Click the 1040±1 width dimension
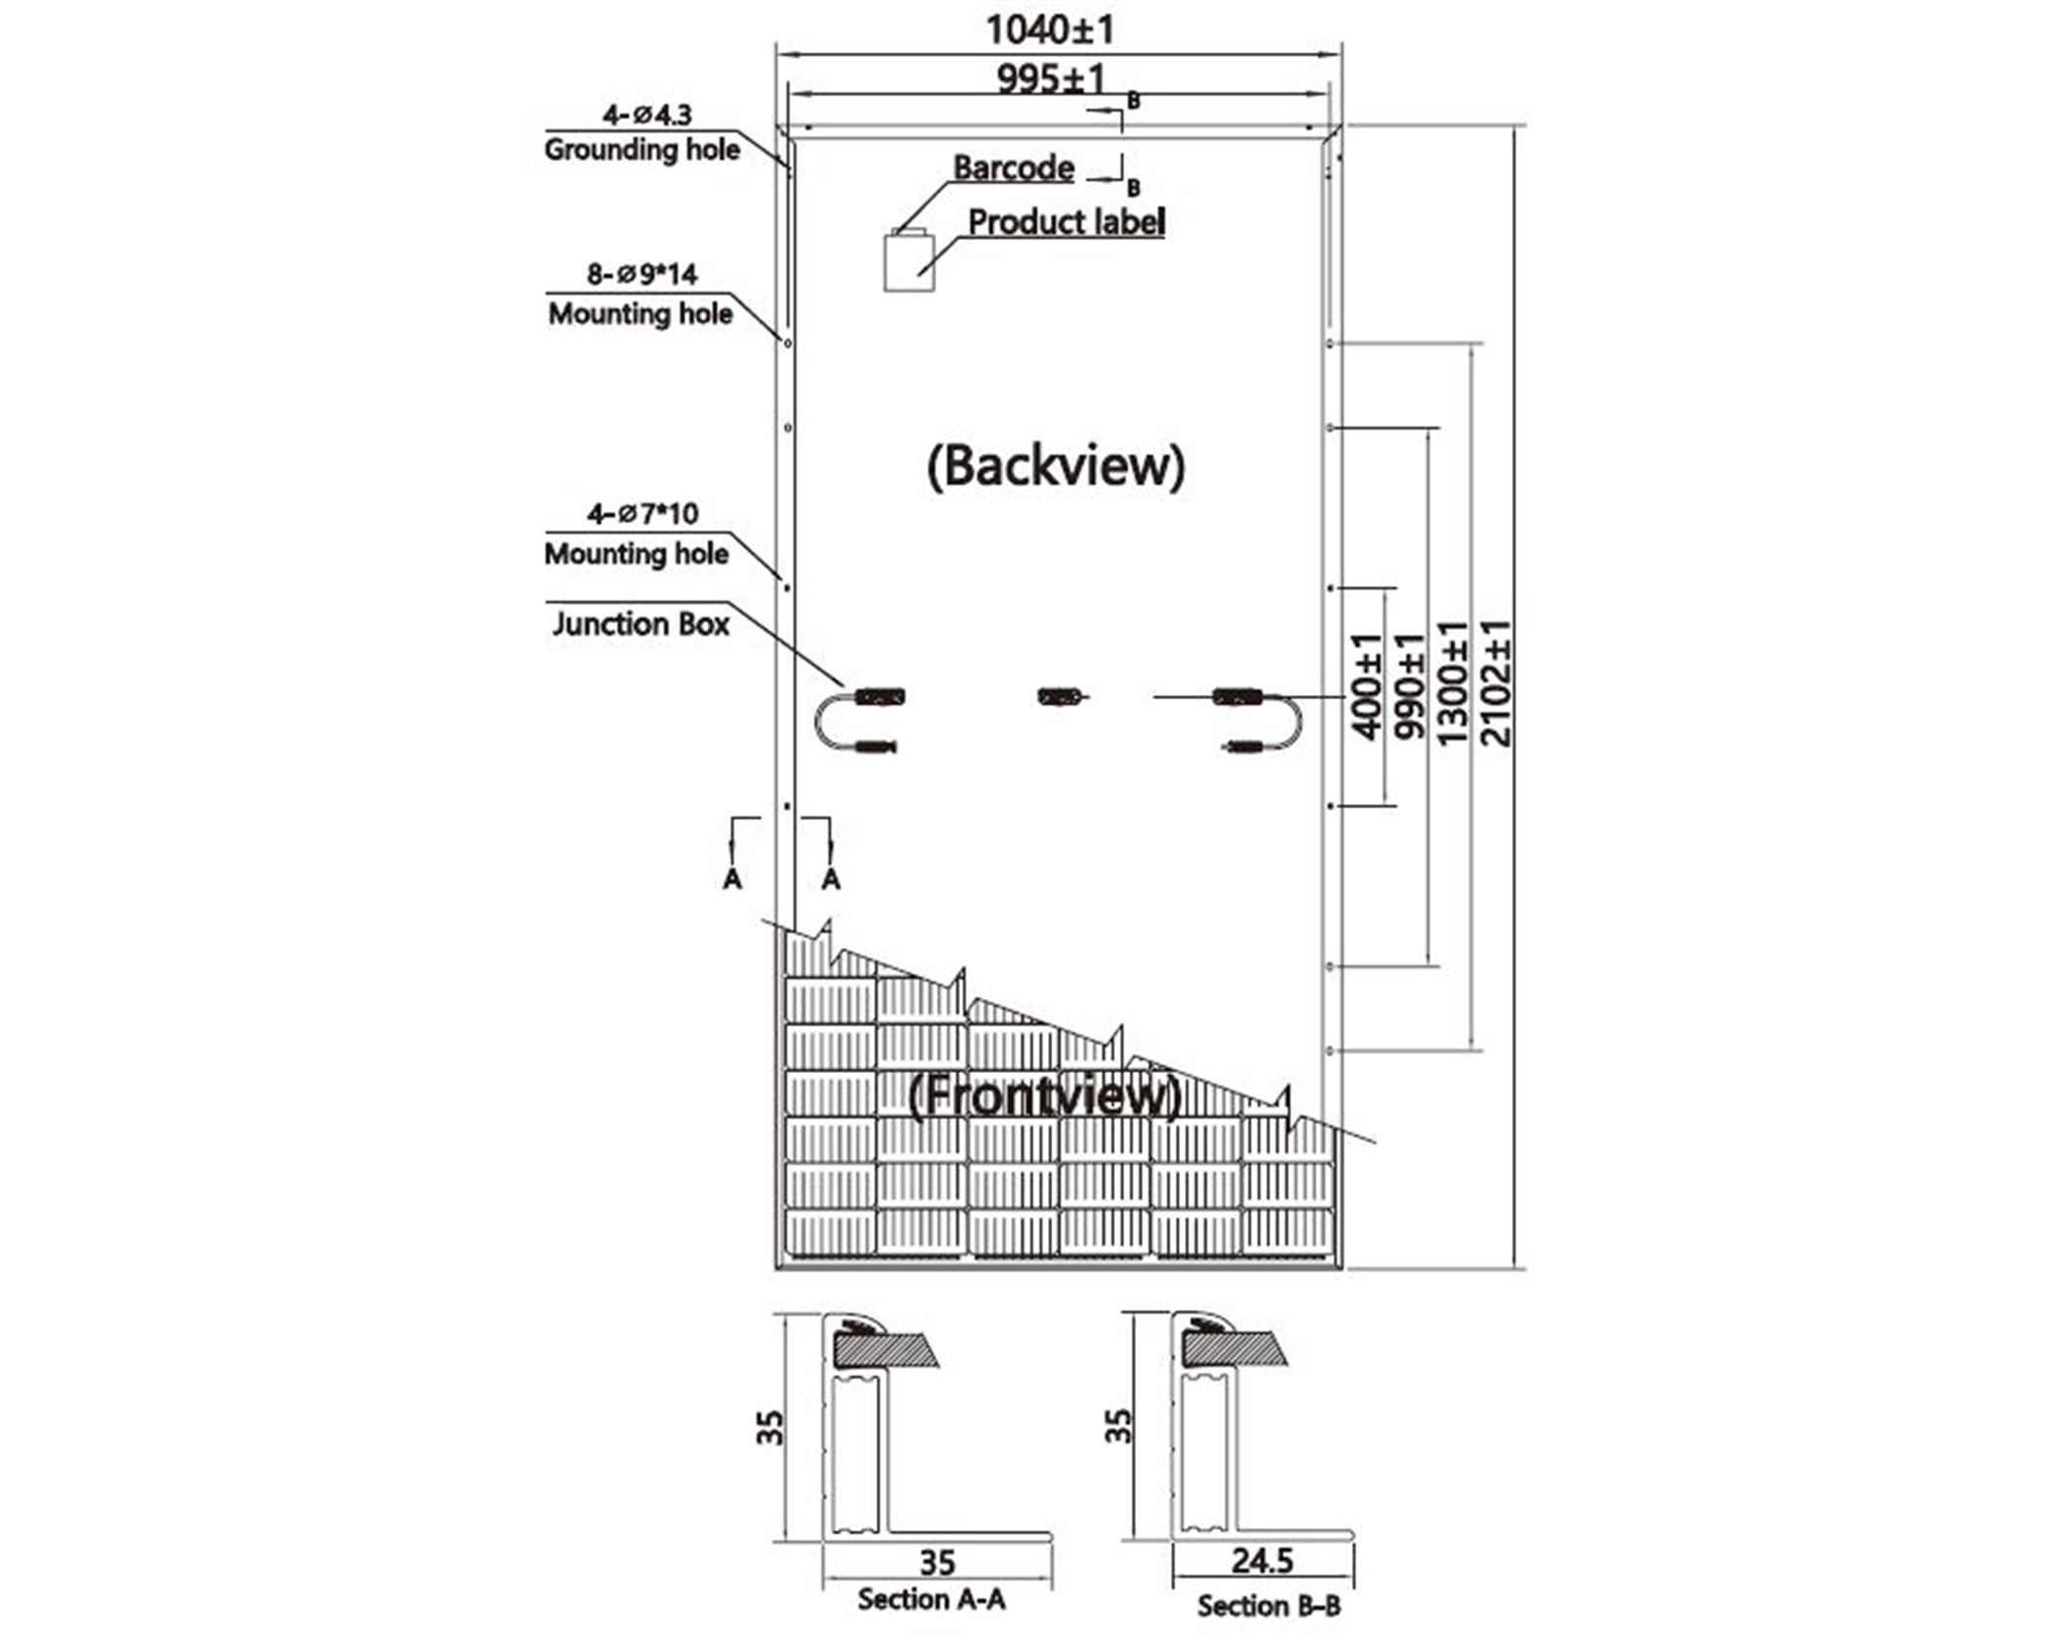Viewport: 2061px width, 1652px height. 1050,30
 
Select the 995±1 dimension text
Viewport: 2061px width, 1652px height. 1051,78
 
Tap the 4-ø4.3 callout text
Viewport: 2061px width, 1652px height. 647,115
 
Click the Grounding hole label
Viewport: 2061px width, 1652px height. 642,149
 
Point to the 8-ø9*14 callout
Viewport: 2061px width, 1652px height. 642,273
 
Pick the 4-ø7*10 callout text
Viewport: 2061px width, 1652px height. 643,513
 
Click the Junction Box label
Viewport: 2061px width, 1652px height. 640,624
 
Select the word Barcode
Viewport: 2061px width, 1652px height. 1013,168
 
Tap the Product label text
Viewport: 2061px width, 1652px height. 1067,222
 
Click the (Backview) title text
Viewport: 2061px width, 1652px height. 1056,466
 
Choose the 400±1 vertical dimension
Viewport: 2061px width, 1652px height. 1367,686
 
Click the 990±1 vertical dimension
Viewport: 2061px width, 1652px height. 1409,686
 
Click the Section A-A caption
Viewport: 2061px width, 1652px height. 931,1600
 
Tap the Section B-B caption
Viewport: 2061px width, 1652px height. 1268,1607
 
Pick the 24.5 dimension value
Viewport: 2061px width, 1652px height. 1263,1561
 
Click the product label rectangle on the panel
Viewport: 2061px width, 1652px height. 909,263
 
